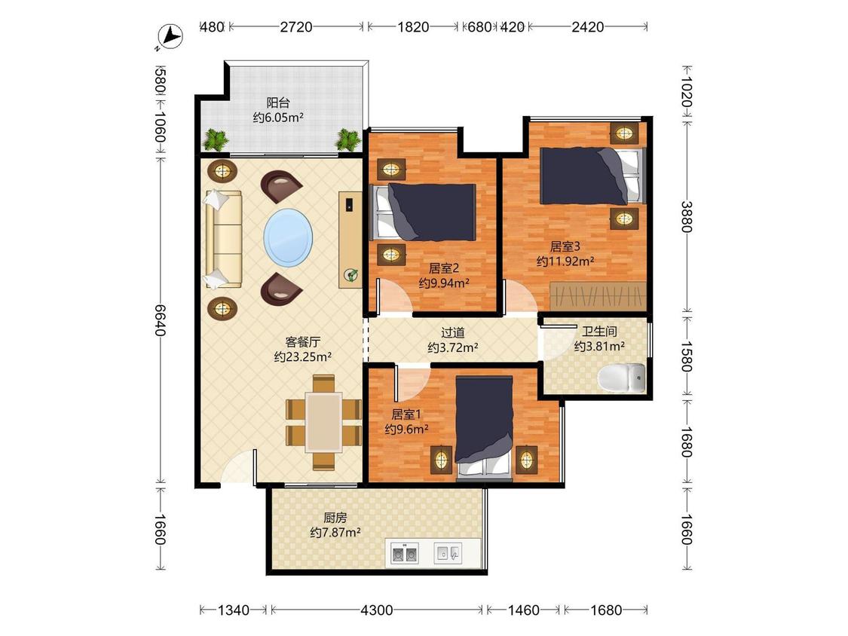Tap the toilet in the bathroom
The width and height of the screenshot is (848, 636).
point(623,378)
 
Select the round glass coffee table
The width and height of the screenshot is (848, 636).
point(288,238)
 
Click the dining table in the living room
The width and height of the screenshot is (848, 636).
point(323,423)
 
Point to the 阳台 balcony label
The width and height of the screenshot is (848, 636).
point(278,102)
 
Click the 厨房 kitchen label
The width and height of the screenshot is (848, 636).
point(335,518)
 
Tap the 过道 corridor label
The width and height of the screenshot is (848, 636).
point(453,332)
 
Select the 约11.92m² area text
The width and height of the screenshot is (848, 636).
point(565,261)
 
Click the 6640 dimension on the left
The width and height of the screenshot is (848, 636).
point(160,320)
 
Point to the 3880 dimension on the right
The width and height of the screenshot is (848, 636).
point(686,216)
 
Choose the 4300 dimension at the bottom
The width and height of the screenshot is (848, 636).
point(376,610)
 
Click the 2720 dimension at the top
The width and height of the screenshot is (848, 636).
point(295,26)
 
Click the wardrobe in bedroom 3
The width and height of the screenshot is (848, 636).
point(598,296)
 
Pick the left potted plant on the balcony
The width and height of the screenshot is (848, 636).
point(216,140)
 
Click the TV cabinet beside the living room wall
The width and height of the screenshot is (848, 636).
point(351,240)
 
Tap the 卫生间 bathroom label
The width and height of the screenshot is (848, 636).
point(599,332)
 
